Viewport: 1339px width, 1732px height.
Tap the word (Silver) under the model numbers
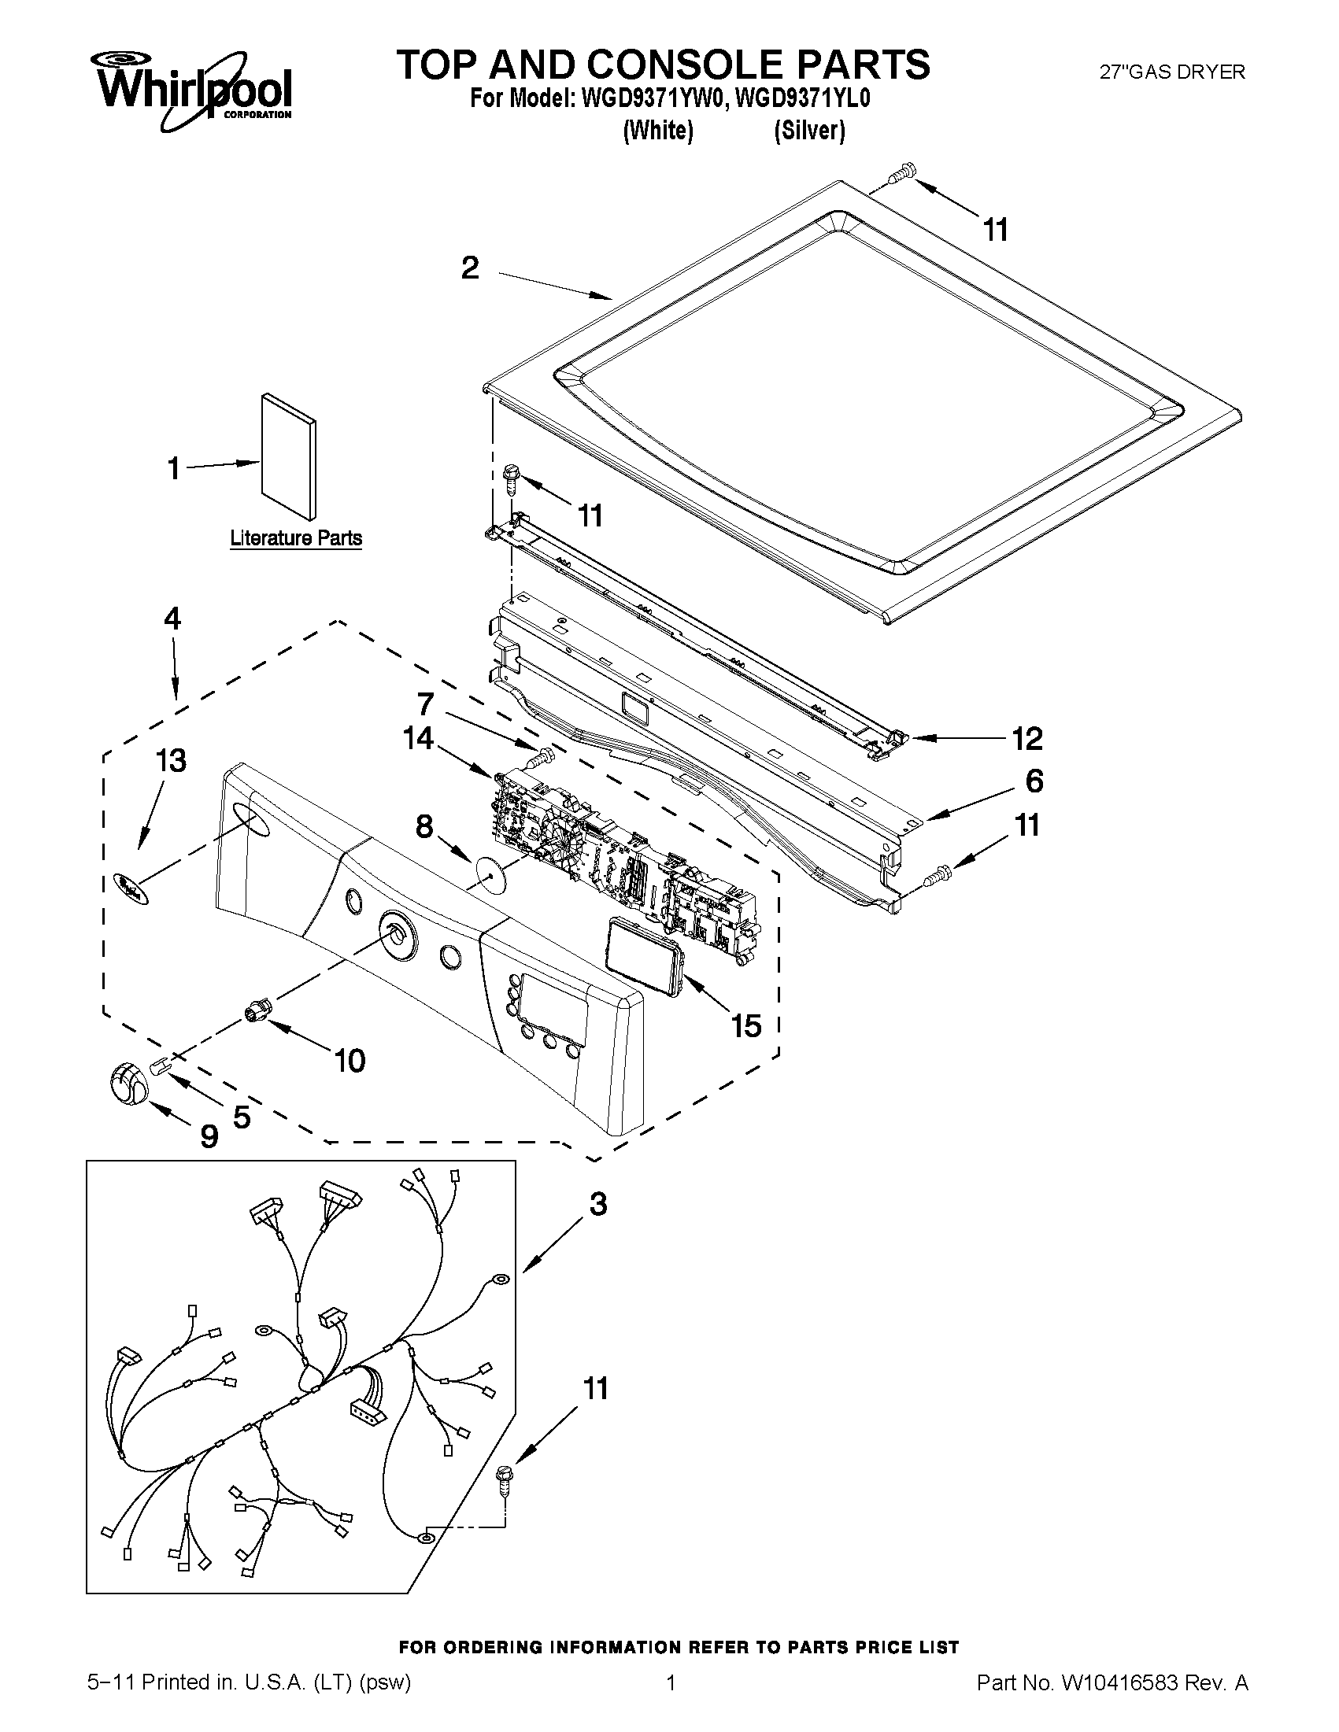coord(809,130)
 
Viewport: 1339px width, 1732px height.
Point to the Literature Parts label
coord(296,537)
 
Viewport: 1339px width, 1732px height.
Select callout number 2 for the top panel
coord(471,268)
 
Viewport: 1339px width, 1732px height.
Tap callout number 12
coord(1026,738)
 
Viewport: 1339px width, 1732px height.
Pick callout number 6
coord(1034,781)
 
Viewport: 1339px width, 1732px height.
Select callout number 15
coord(745,1026)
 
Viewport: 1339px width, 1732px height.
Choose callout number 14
coord(418,738)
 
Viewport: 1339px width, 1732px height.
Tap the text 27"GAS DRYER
coord(1171,72)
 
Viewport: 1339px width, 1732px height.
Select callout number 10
coord(350,1059)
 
